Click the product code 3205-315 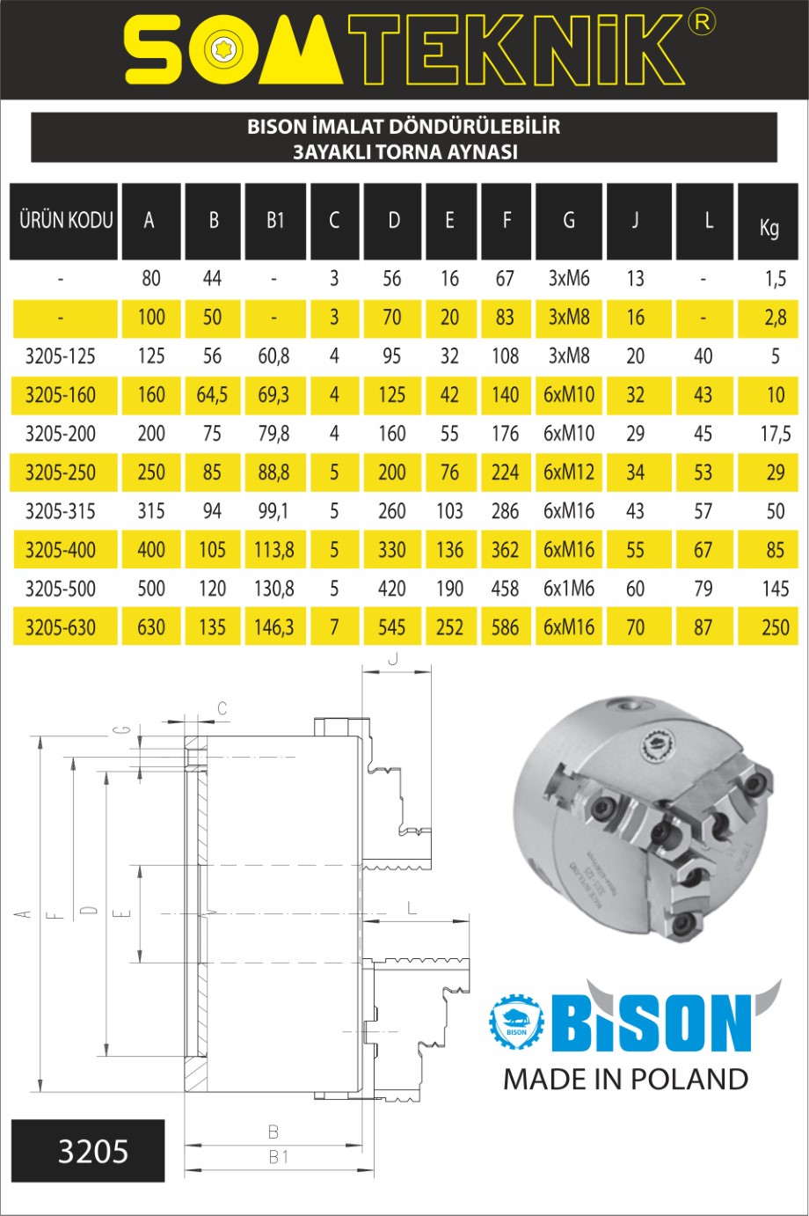pyautogui.click(x=60, y=511)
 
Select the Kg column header pyautogui.click(x=769, y=222)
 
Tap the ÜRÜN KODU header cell pyautogui.click(x=63, y=222)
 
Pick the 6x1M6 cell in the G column pyautogui.click(x=569, y=589)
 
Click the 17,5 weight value pyautogui.click(x=776, y=434)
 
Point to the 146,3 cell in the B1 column pyautogui.click(x=274, y=627)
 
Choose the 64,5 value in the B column pyautogui.click(x=212, y=395)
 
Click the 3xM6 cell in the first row pyautogui.click(x=569, y=279)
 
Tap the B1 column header pyautogui.click(x=275, y=222)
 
